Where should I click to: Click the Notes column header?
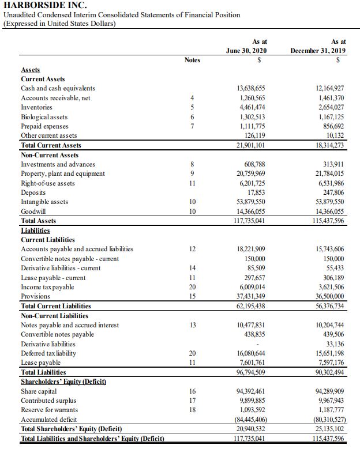point(192,59)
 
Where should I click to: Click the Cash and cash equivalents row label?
point(58,88)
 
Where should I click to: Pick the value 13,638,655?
point(252,88)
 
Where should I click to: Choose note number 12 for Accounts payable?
point(192,249)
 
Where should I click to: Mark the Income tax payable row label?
point(47,286)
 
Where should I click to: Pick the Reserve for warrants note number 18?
point(192,409)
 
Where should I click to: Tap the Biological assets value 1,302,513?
point(252,116)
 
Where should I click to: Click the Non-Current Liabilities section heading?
point(54,315)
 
